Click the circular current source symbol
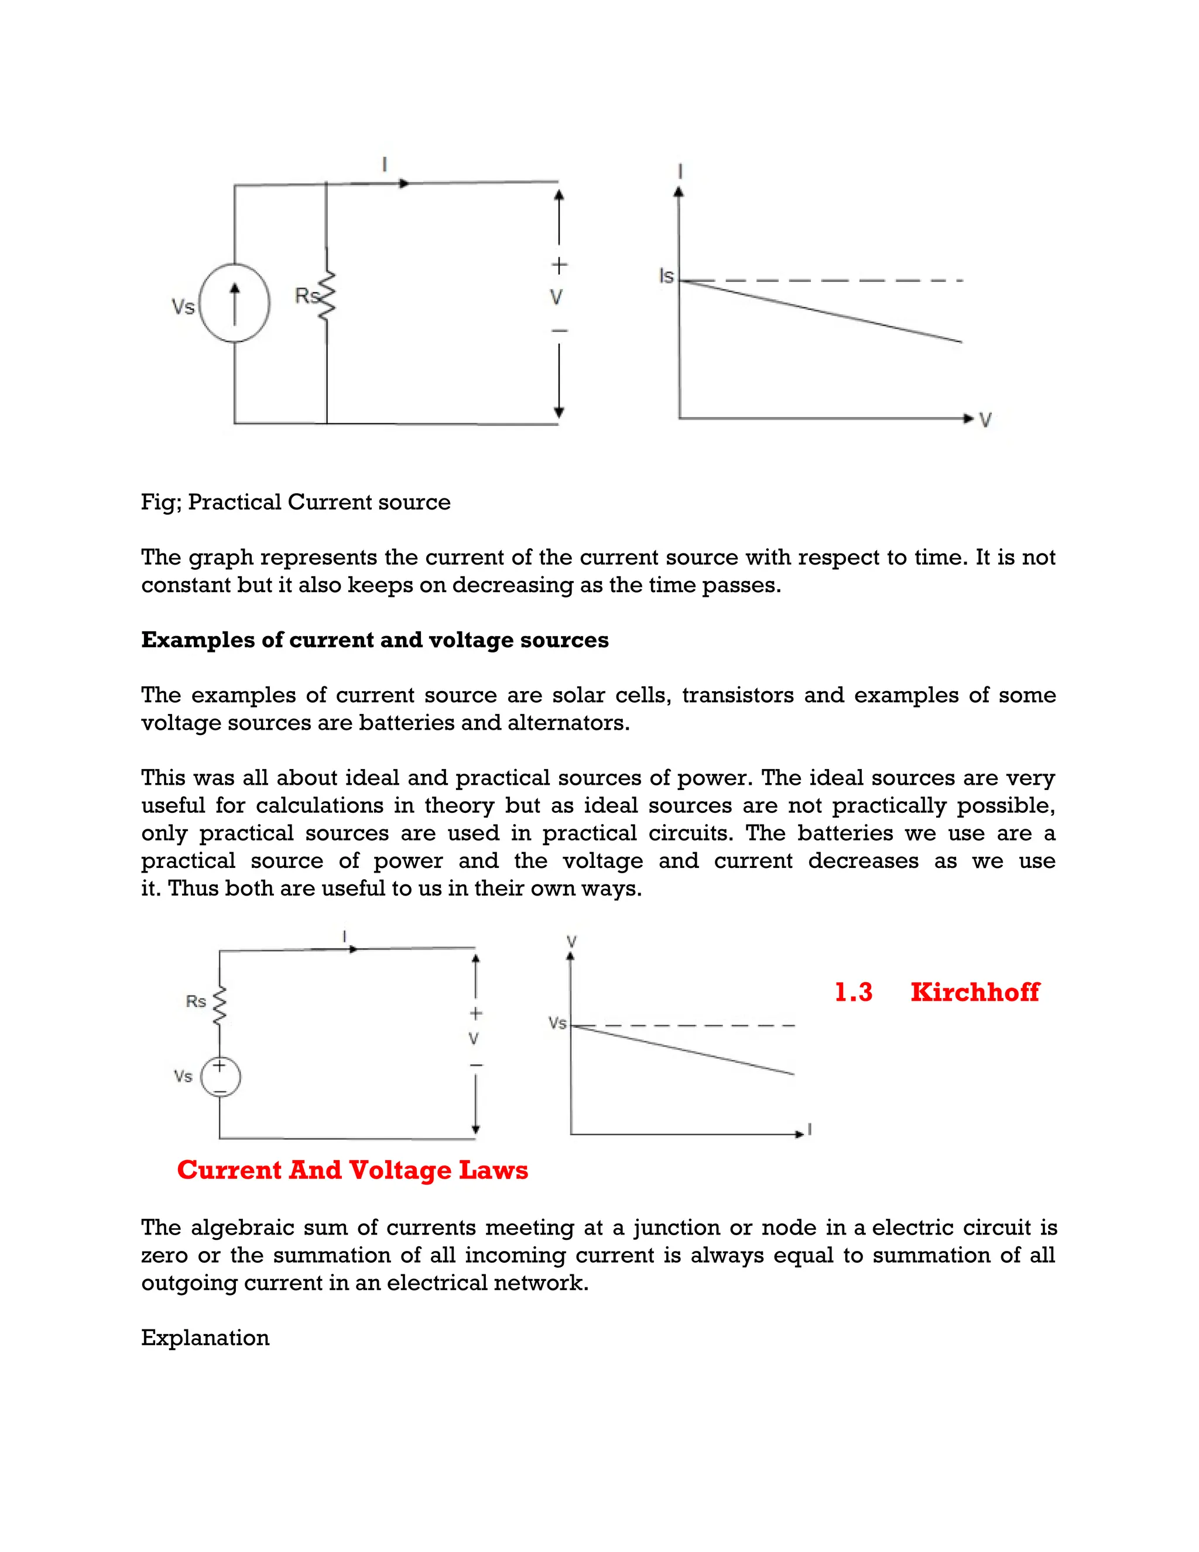pos(234,303)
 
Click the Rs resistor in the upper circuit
pos(326,295)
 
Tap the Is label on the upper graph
pos(666,276)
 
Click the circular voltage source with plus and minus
pos(220,1076)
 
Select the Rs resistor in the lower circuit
pos(220,1006)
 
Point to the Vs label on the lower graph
pos(557,1023)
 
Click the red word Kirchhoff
pos(975,992)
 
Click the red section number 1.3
pos(853,992)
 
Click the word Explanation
pos(205,1338)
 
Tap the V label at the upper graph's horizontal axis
pos(985,421)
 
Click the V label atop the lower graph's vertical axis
pos(571,942)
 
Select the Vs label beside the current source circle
pos(183,307)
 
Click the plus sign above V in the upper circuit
pos(560,266)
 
